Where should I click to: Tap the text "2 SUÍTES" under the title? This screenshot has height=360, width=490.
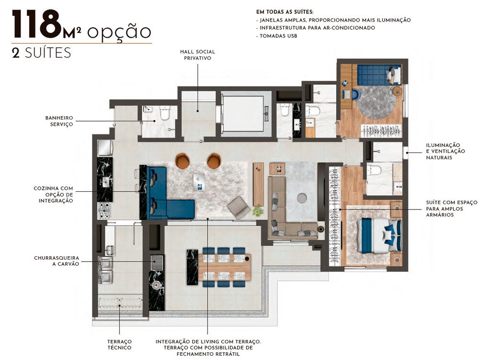(x=41, y=53)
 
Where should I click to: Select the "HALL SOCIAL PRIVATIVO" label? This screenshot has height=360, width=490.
(x=197, y=55)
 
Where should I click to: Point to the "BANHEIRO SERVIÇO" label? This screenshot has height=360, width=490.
(x=59, y=120)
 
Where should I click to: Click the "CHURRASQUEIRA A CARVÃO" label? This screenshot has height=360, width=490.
(x=56, y=261)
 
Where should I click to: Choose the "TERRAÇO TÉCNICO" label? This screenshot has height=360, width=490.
(x=119, y=344)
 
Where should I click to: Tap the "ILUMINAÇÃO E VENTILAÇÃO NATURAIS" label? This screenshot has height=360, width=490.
(x=443, y=151)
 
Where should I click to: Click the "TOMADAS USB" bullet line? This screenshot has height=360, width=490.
(x=277, y=36)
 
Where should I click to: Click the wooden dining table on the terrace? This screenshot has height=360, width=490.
(x=224, y=267)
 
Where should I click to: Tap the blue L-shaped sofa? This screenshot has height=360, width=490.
(x=166, y=196)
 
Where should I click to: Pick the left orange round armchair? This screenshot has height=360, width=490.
(x=182, y=161)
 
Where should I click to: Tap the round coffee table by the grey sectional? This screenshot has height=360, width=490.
(x=302, y=197)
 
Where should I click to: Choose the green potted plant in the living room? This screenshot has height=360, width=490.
(x=258, y=210)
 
